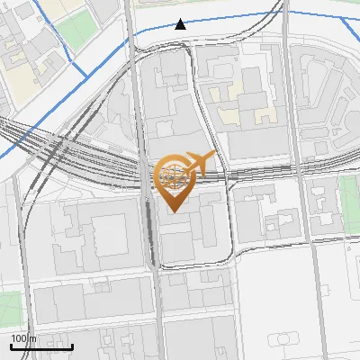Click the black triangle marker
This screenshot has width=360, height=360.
coord(181,24)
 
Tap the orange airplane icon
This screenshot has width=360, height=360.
coord(201,163)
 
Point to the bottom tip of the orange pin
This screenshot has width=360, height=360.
coord(172,211)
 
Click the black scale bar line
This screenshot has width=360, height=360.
coord(41,346)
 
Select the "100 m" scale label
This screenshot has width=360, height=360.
coord(24,337)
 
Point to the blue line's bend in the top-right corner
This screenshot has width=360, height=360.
coord(346,20)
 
